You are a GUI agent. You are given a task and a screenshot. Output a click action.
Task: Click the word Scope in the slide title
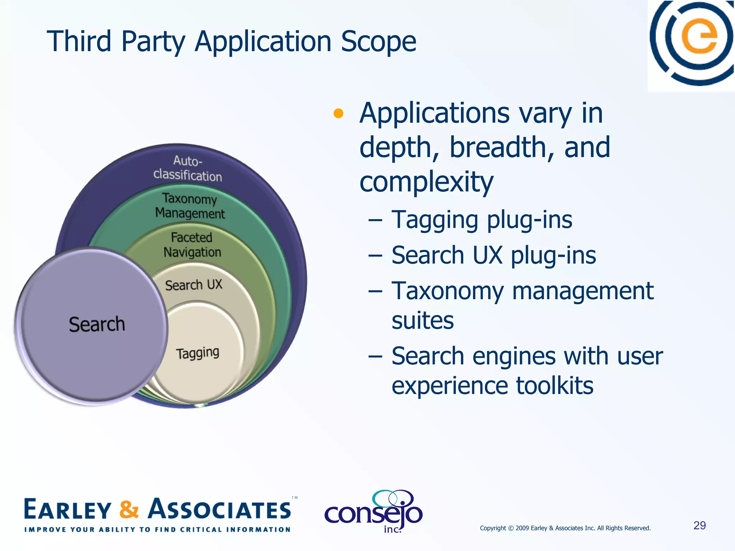point(378,42)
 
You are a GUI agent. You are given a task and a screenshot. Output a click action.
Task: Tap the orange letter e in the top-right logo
point(699,36)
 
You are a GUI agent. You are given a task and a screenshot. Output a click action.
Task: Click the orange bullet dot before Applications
point(338,114)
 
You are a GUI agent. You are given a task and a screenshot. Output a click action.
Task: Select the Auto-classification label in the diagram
point(188,169)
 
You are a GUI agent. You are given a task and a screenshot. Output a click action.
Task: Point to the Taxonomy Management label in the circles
point(190,206)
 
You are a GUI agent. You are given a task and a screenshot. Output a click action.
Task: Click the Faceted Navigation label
point(192,245)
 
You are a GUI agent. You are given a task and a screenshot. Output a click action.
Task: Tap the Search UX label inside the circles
point(193,285)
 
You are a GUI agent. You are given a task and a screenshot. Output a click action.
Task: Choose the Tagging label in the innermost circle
point(197,353)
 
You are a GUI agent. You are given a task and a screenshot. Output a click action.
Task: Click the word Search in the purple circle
point(97,325)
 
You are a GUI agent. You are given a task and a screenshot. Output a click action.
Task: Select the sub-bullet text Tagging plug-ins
point(482,220)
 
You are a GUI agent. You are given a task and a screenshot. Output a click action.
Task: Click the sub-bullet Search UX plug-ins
point(493,255)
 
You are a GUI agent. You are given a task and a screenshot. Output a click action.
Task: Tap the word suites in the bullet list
point(422,320)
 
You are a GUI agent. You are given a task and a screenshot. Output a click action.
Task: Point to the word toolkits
point(554,386)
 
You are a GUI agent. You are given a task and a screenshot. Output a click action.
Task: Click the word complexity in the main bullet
point(426,182)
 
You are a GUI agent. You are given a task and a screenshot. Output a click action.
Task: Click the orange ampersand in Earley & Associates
point(129,509)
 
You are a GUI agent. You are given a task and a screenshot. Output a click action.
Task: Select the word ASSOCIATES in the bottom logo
point(220,509)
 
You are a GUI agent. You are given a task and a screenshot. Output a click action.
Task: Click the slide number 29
point(699,526)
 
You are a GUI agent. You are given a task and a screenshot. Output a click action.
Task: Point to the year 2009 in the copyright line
point(522,528)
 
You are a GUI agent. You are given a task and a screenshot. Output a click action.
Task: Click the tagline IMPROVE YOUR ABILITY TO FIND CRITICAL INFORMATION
point(157,529)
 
